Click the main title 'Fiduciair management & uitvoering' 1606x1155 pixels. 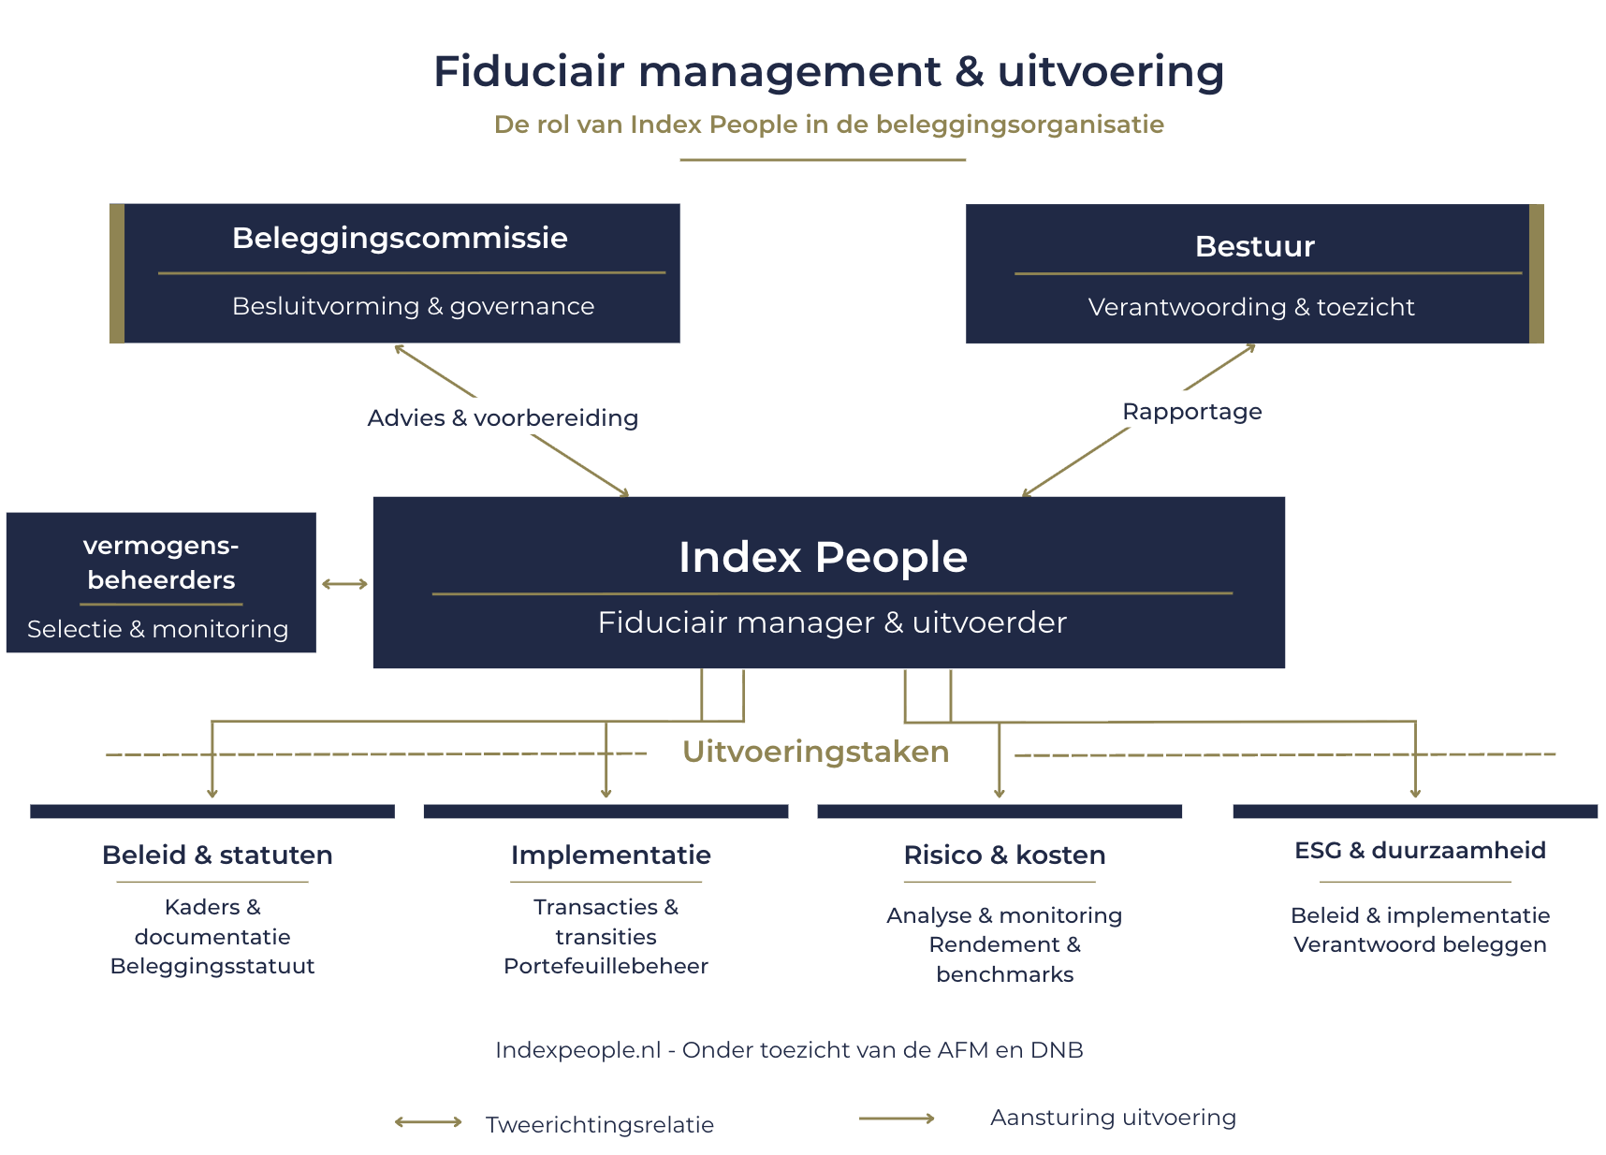coord(828,72)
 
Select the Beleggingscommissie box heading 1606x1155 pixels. coord(400,239)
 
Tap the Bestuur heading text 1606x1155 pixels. coord(1255,246)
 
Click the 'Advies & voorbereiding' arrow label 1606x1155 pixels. coord(503,417)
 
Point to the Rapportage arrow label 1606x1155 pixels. coord(1192,412)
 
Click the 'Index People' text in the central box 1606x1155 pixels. coord(823,557)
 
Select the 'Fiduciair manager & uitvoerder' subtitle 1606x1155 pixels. coord(832,622)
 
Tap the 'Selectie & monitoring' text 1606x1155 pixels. coord(157,629)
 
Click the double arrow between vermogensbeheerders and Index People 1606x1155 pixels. coord(344,584)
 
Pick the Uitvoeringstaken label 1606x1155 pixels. coord(816,752)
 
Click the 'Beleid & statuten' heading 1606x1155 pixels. coord(217,855)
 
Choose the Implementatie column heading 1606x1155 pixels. coord(611,855)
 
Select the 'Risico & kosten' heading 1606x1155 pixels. coord(1004,855)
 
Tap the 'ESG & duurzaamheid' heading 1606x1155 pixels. coord(1420,850)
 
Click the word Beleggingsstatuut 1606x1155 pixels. coord(212,966)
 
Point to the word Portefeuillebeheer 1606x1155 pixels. coord(606,966)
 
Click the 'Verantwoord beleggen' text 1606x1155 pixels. coord(1420,944)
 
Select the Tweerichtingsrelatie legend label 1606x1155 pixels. coord(600,1125)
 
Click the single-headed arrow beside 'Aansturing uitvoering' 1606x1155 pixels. coord(898,1118)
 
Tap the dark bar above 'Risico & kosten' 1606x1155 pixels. coord(1000,811)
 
